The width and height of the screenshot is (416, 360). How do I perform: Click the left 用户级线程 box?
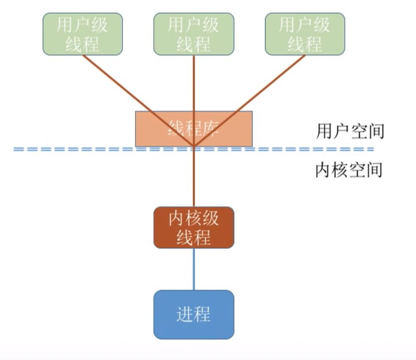83,34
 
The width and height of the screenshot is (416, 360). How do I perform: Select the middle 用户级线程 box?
194,34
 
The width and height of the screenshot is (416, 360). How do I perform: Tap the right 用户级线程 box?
305,34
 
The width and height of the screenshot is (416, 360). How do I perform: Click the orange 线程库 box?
193,128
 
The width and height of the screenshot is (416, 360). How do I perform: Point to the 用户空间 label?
350,131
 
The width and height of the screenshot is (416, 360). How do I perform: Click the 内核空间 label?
349,170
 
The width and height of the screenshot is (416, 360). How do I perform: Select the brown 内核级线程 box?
193,228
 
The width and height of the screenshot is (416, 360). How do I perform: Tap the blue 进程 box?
193,315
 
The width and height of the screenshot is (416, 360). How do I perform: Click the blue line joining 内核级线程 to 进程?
194,269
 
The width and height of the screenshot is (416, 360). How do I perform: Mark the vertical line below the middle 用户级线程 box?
194,82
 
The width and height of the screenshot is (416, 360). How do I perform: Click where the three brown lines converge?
194,145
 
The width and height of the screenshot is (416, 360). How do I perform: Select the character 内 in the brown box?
177,218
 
